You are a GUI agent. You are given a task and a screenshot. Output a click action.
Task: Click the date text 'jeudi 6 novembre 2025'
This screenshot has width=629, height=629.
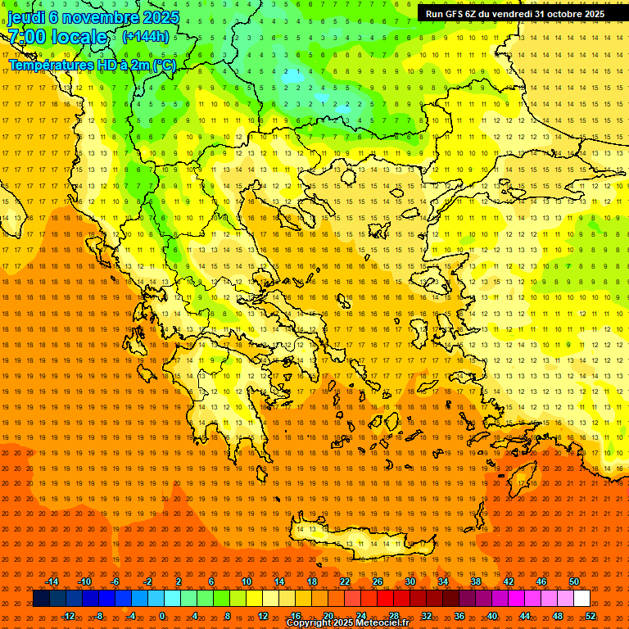click(x=93, y=17)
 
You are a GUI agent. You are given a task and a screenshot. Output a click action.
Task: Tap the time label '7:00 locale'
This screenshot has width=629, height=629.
click(x=57, y=37)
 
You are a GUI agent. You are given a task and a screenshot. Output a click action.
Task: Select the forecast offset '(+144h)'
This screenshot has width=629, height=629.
click(x=146, y=37)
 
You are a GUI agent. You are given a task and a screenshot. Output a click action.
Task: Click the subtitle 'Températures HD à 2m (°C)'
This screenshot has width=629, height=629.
click(x=92, y=66)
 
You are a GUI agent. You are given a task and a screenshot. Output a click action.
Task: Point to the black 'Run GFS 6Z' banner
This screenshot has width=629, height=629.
click(x=515, y=14)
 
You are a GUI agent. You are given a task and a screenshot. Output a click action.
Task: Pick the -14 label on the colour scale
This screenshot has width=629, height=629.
click(x=52, y=581)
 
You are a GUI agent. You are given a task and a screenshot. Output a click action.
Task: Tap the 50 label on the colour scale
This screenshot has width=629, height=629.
click(x=574, y=581)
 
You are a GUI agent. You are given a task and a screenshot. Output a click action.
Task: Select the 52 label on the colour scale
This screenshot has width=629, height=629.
click(x=591, y=615)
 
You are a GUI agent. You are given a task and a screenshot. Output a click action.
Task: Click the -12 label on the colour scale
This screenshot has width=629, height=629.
click(x=69, y=615)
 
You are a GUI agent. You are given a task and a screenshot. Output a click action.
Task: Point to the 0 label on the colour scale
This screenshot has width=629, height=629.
click(x=162, y=615)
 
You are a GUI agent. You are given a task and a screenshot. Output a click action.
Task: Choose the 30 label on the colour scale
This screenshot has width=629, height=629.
click(x=410, y=581)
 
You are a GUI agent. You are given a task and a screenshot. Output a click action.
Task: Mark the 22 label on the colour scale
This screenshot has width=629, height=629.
click(x=345, y=581)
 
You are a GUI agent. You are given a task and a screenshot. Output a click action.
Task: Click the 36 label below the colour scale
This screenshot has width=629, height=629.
click(x=459, y=615)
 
